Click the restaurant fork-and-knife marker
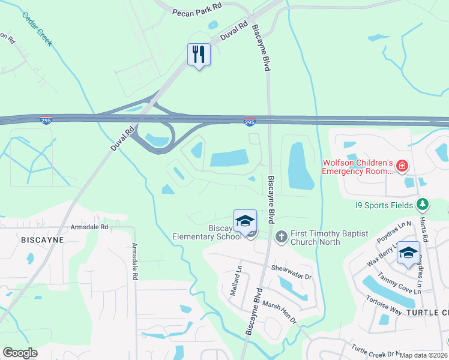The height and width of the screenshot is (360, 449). tap(199, 55)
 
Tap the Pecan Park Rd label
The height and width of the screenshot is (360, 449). tap(197, 12)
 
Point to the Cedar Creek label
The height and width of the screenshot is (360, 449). tap(37, 29)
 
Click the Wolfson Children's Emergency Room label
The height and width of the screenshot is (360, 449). tap(357, 167)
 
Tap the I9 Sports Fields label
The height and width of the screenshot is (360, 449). tap(384, 205)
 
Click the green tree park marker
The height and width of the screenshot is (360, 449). tap(423, 205)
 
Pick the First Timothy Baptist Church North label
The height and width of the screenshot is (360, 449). tap(315, 238)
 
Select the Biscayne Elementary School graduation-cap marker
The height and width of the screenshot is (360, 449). tap(245, 222)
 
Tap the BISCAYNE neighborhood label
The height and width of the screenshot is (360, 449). tap(43, 239)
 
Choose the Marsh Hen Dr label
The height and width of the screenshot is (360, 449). tap(280, 312)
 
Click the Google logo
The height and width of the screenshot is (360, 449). tap(20, 353)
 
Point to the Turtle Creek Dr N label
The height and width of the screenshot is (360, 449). tap(376, 350)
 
